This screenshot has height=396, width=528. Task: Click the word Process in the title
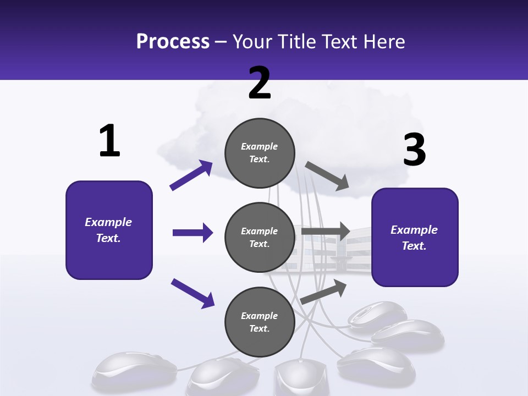[x=173, y=41]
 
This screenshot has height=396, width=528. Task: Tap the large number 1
[x=109, y=141]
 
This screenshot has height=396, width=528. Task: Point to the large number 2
[x=260, y=83]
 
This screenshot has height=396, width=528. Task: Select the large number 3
[x=414, y=150]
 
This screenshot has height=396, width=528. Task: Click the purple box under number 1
[x=109, y=230]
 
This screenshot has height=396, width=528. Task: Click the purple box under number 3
[x=415, y=238]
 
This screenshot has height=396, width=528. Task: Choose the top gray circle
[x=260, y=153]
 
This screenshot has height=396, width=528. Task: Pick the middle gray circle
[x=260, y=237]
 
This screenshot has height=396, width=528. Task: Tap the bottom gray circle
[x=260, y=322]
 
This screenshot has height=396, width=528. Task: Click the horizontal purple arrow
[x=193, y=233]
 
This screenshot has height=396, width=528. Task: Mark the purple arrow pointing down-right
[x=193, y=293]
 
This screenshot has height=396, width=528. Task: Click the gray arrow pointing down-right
[x=327, y=176]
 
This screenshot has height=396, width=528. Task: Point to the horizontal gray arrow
[x=326, y=232]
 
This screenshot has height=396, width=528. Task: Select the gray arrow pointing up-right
[x=324, y=292]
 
